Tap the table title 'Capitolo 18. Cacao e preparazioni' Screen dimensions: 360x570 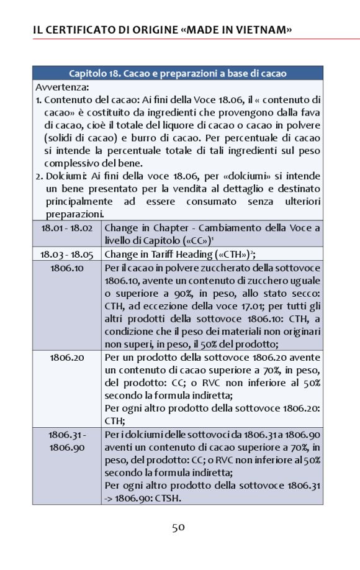click(178, 73)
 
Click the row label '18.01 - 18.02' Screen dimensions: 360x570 click(67, 228)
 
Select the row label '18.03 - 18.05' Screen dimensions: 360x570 click(67, 254)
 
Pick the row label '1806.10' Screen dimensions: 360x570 click(67, 268)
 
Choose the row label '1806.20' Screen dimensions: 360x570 click(67, 358)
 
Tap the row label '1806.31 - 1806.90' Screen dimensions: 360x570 click(67, 440)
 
